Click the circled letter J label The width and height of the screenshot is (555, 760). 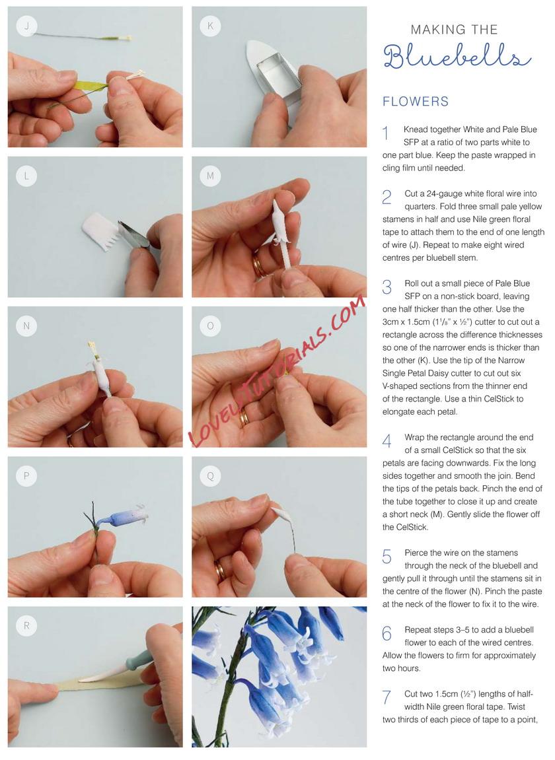point(26,26)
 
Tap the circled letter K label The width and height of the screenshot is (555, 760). point(211,26)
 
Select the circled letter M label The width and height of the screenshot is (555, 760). point(211,176)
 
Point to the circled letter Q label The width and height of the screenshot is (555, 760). point(211,476)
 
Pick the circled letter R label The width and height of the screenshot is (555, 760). point(26,626)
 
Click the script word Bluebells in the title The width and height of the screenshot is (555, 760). point(456,56)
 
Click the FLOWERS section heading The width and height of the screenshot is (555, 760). point(416,101)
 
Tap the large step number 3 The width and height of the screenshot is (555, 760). point(387,287)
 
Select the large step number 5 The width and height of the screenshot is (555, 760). point(387,557)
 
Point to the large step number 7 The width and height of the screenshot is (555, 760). point(387,697)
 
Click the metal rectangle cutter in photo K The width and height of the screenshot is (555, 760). point(277,77)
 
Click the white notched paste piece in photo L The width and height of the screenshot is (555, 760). point(102,232)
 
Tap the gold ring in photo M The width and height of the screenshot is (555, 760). point(256,265)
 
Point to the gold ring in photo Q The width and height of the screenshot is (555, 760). point(220,571)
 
